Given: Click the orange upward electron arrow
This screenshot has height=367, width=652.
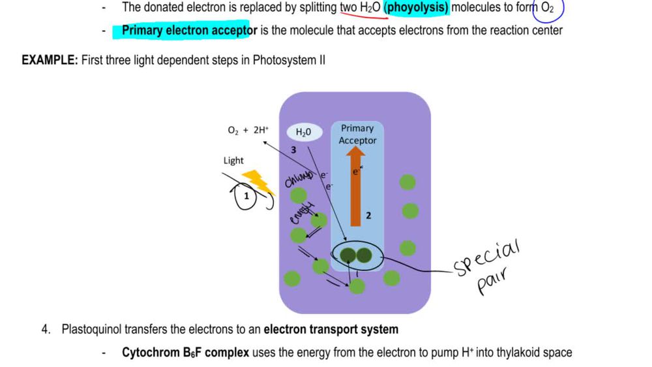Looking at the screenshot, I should [355, 189].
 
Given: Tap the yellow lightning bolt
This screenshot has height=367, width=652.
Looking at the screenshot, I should [258, 184].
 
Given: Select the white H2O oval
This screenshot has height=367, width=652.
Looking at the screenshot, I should [304, 132].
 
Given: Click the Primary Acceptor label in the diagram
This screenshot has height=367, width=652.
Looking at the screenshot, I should [357, 135].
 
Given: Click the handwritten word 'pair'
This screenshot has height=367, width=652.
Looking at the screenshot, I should [492, 284].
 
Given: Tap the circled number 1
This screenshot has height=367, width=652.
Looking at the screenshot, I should [246, 196].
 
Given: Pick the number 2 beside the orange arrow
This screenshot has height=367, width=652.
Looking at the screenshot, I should [368, 215].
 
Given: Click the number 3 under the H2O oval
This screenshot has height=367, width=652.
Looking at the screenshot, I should [294, 149].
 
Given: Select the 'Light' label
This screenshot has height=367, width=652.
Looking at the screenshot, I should [233, 161].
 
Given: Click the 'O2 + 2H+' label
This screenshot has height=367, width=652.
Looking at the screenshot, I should [248, 130].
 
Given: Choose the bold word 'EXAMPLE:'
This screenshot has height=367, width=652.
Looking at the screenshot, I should [50, 61].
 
